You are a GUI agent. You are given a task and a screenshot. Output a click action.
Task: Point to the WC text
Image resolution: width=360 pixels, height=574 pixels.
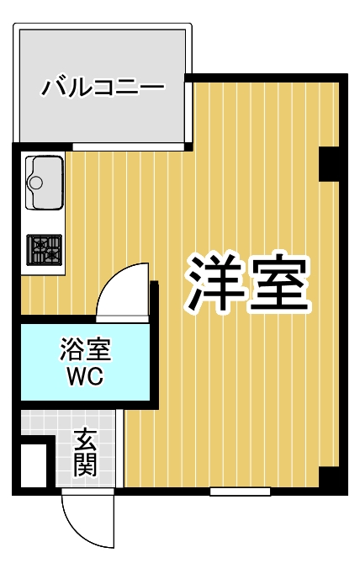(x=85, y=375)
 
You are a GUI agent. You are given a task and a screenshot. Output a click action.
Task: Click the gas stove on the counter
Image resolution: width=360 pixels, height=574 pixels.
(x=45, y=249)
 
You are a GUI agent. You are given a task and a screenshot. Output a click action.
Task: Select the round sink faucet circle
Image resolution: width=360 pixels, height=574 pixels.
(x=36, y=181)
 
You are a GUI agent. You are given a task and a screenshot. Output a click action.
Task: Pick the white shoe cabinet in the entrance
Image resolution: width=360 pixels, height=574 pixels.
(x=34, y=463)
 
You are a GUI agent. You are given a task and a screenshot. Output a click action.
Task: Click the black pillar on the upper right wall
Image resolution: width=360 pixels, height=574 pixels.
(x=329, y=163)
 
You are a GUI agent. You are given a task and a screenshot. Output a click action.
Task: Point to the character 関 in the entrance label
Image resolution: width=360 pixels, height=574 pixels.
(x=85, y=464)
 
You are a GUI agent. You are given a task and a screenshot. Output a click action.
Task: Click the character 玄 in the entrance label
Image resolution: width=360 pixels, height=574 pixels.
(x=85, y=438)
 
